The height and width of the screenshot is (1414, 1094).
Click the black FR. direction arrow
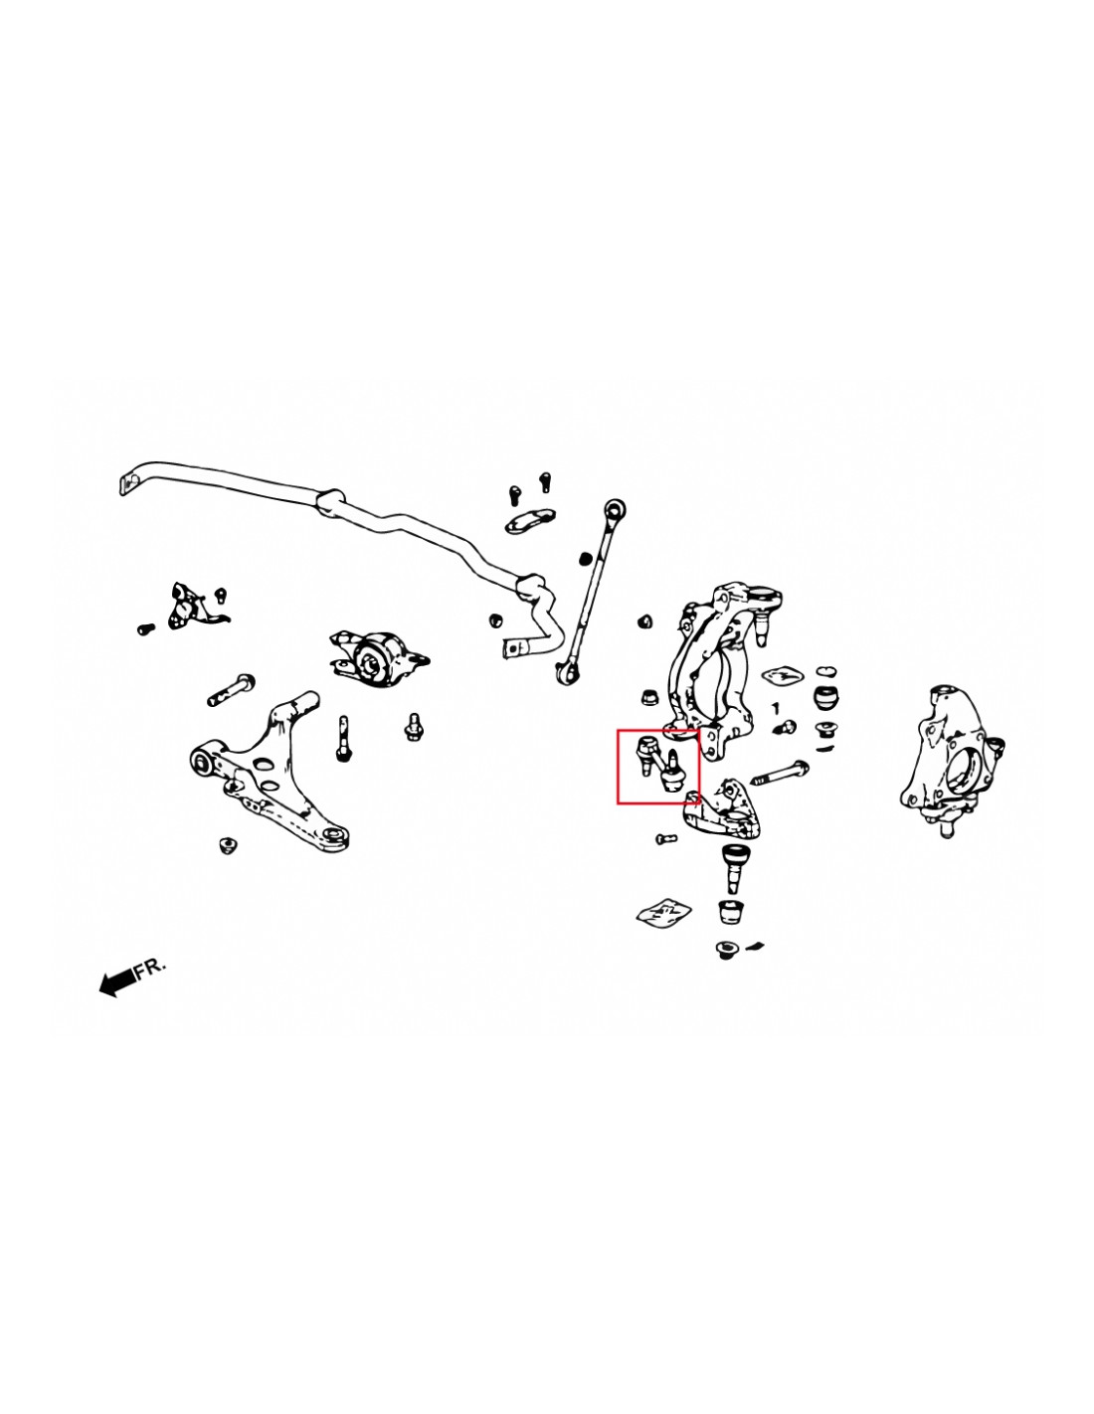click(x=116, y=982)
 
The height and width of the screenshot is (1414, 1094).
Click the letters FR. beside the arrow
click(x=150, y=968)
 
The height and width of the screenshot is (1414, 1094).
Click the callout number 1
click(x=775, y=709)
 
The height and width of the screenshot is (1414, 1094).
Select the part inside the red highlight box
click(x=658, y=765)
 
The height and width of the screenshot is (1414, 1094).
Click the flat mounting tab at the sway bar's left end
click(x=128, y=483)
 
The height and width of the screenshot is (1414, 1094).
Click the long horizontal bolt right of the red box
click(x=780, y=772)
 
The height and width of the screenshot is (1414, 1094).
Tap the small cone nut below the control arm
click(x=228, y=845)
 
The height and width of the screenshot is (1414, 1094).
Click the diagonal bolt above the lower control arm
click(x=231, y=689)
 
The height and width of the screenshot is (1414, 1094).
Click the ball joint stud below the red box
click(x=736, y=865)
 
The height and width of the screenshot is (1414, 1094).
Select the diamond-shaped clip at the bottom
click(x=663, y=911)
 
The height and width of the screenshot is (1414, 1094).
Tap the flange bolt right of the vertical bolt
click(x=414, y=727)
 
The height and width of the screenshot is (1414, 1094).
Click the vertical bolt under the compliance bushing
click(x=343, y=738)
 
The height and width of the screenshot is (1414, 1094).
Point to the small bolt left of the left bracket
click(x=145, y=628)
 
